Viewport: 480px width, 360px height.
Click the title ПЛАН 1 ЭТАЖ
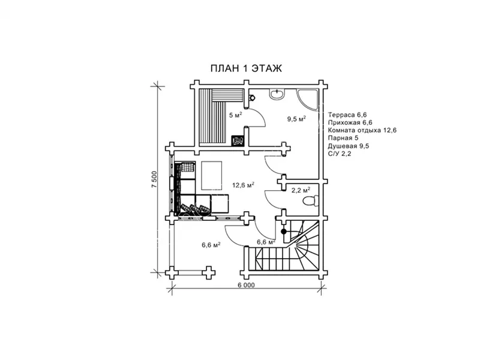[x=246, y=68]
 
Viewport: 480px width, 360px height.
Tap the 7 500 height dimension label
[x=154, y=179]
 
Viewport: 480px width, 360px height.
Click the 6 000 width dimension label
[x=245, y=285]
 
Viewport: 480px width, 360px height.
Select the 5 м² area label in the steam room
[x=236, y=115]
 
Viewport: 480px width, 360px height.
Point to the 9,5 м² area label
[x=296, y=119]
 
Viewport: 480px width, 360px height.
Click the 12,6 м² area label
[x=243, y=185]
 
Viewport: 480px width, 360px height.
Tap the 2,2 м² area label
[x=301, y=190]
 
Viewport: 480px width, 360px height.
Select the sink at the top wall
[x=277, y=94]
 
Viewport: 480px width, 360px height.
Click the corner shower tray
[x=308, y=98]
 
